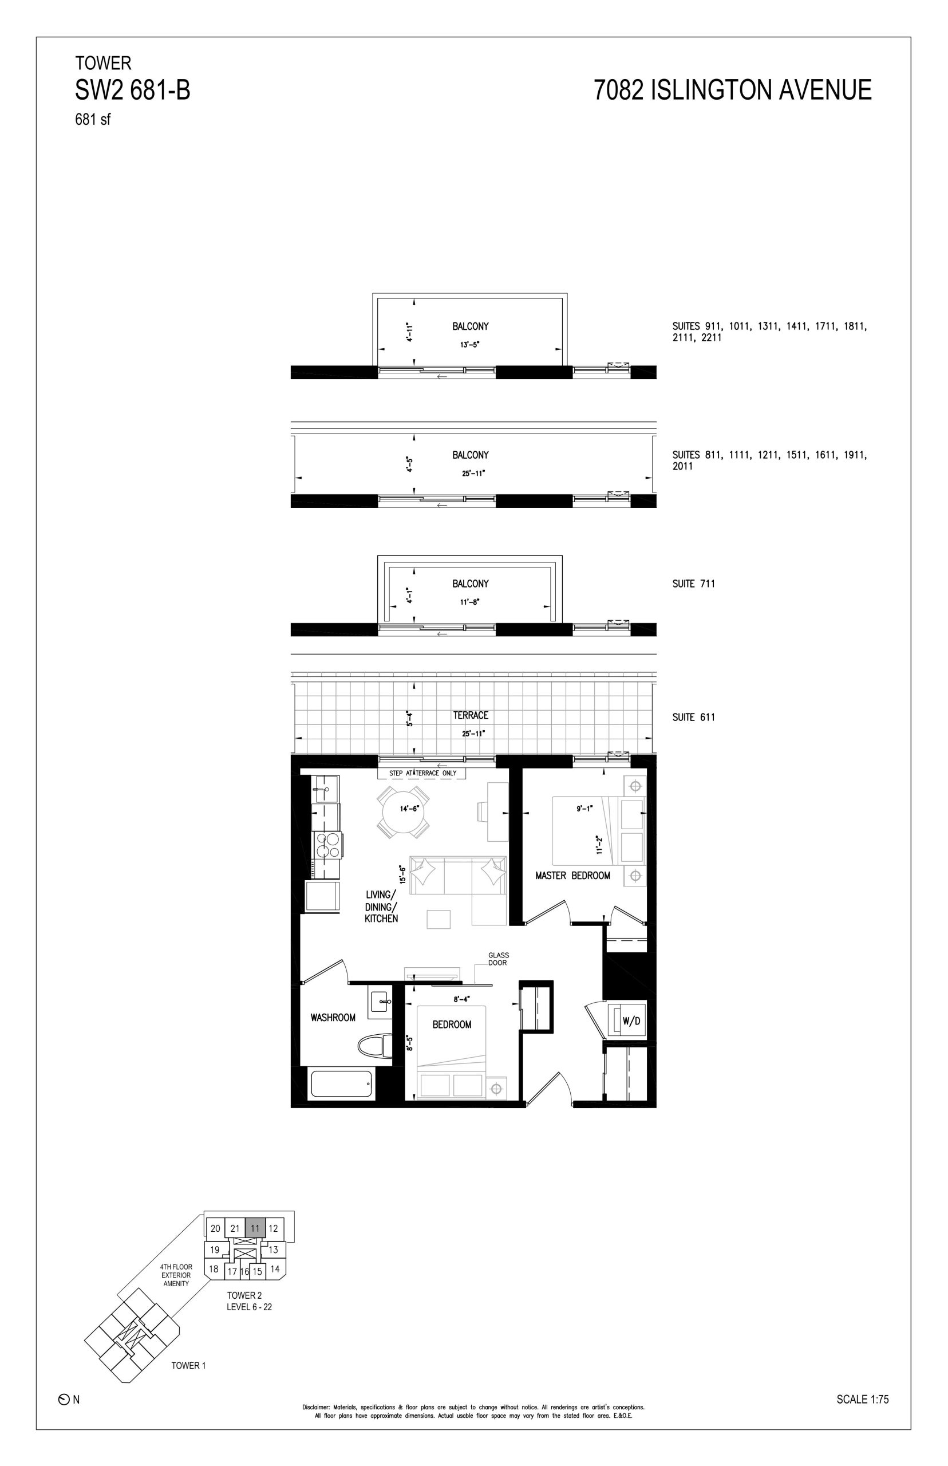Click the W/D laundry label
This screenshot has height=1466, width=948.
coord(631,1021)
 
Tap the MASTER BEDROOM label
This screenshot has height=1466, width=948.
coord(572,876)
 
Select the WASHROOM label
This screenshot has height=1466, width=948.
coord(333,1018)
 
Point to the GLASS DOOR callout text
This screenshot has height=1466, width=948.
coord(499,959)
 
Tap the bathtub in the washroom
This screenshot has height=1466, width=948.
coord(342,1083)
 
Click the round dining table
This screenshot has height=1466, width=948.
coord(404,811)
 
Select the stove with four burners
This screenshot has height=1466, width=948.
coord(327,845)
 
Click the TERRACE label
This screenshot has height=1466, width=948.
coord(471,715)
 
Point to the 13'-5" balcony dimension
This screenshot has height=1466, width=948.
coord(469,345)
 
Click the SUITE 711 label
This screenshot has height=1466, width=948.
coord(694,584)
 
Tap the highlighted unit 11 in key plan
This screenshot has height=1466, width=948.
coord(255,1228)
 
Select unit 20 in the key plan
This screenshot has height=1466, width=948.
coord(215,1228)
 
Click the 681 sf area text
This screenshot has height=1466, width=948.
coord(93,120)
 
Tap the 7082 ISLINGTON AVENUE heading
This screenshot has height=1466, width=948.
coord(733,90)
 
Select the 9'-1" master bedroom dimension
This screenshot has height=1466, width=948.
coord(583,809)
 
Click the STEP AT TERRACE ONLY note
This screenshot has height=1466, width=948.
coord(422,773)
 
